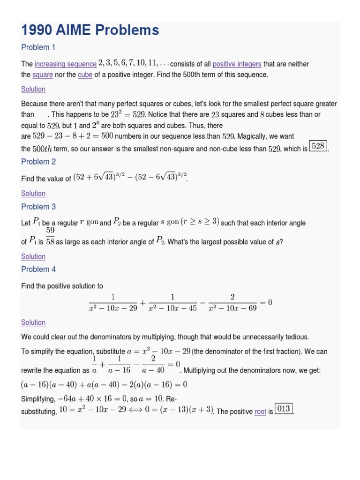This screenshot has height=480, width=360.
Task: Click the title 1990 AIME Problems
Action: [90, 30]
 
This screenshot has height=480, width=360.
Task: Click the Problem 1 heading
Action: [38, 47]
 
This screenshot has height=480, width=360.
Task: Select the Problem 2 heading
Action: [38, 162]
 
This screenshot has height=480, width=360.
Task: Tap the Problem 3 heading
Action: [38, 207]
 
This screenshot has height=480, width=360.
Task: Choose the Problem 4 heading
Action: [38, 270]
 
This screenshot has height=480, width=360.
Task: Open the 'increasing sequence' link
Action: [66, 64]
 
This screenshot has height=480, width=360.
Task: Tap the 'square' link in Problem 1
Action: [43, 75]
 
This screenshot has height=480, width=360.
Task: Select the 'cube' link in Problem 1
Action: [85, 75]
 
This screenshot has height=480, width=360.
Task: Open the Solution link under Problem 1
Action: [33, 89]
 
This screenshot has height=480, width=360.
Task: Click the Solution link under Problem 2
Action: [33, 193]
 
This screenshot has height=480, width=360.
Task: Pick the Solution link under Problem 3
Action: [33, 256]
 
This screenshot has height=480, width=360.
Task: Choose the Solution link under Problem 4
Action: [33, 322]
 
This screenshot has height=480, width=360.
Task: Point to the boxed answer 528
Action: [318, 146]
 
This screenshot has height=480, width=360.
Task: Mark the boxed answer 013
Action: [284, 409]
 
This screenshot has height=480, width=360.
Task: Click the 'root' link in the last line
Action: [260, 412]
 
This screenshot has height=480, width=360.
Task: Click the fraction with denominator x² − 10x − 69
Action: [232, 303]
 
